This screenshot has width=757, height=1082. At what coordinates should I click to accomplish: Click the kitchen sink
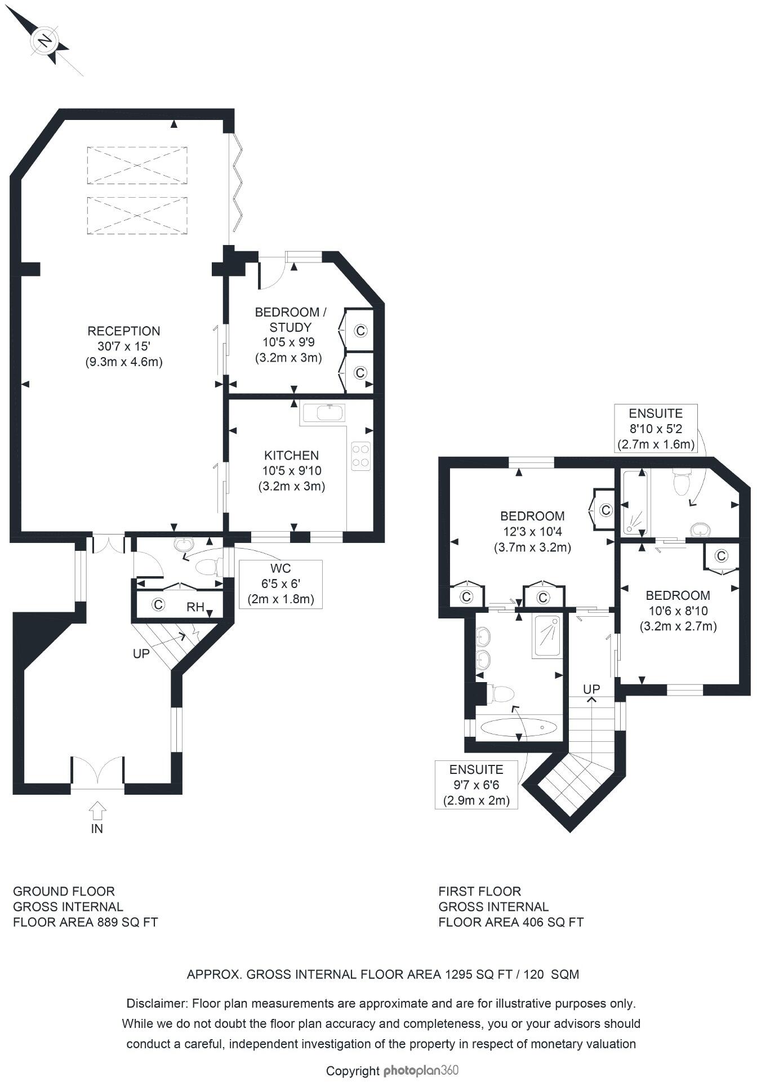click(323, 413)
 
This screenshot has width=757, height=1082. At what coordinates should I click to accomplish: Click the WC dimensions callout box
click(280, 584)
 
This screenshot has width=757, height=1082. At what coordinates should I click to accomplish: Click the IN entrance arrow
click(97, 812)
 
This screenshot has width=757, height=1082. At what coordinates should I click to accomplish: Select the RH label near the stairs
click(195, 607)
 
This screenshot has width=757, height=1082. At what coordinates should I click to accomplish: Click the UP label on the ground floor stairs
click(141, 653)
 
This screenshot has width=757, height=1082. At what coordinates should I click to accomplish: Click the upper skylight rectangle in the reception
click(137, 165)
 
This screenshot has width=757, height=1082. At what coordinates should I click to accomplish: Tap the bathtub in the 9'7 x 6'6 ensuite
click(519, 727)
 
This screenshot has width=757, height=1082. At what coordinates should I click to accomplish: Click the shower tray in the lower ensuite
click(547, 636)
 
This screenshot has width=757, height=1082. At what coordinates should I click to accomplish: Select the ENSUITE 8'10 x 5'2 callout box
click(656, 428)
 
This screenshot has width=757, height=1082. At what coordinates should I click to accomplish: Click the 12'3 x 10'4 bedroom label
click(532, 531)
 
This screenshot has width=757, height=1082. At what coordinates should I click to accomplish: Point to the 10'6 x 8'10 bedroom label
click(678, 611)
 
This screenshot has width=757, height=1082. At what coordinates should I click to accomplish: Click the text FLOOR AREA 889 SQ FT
click(85, 922)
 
